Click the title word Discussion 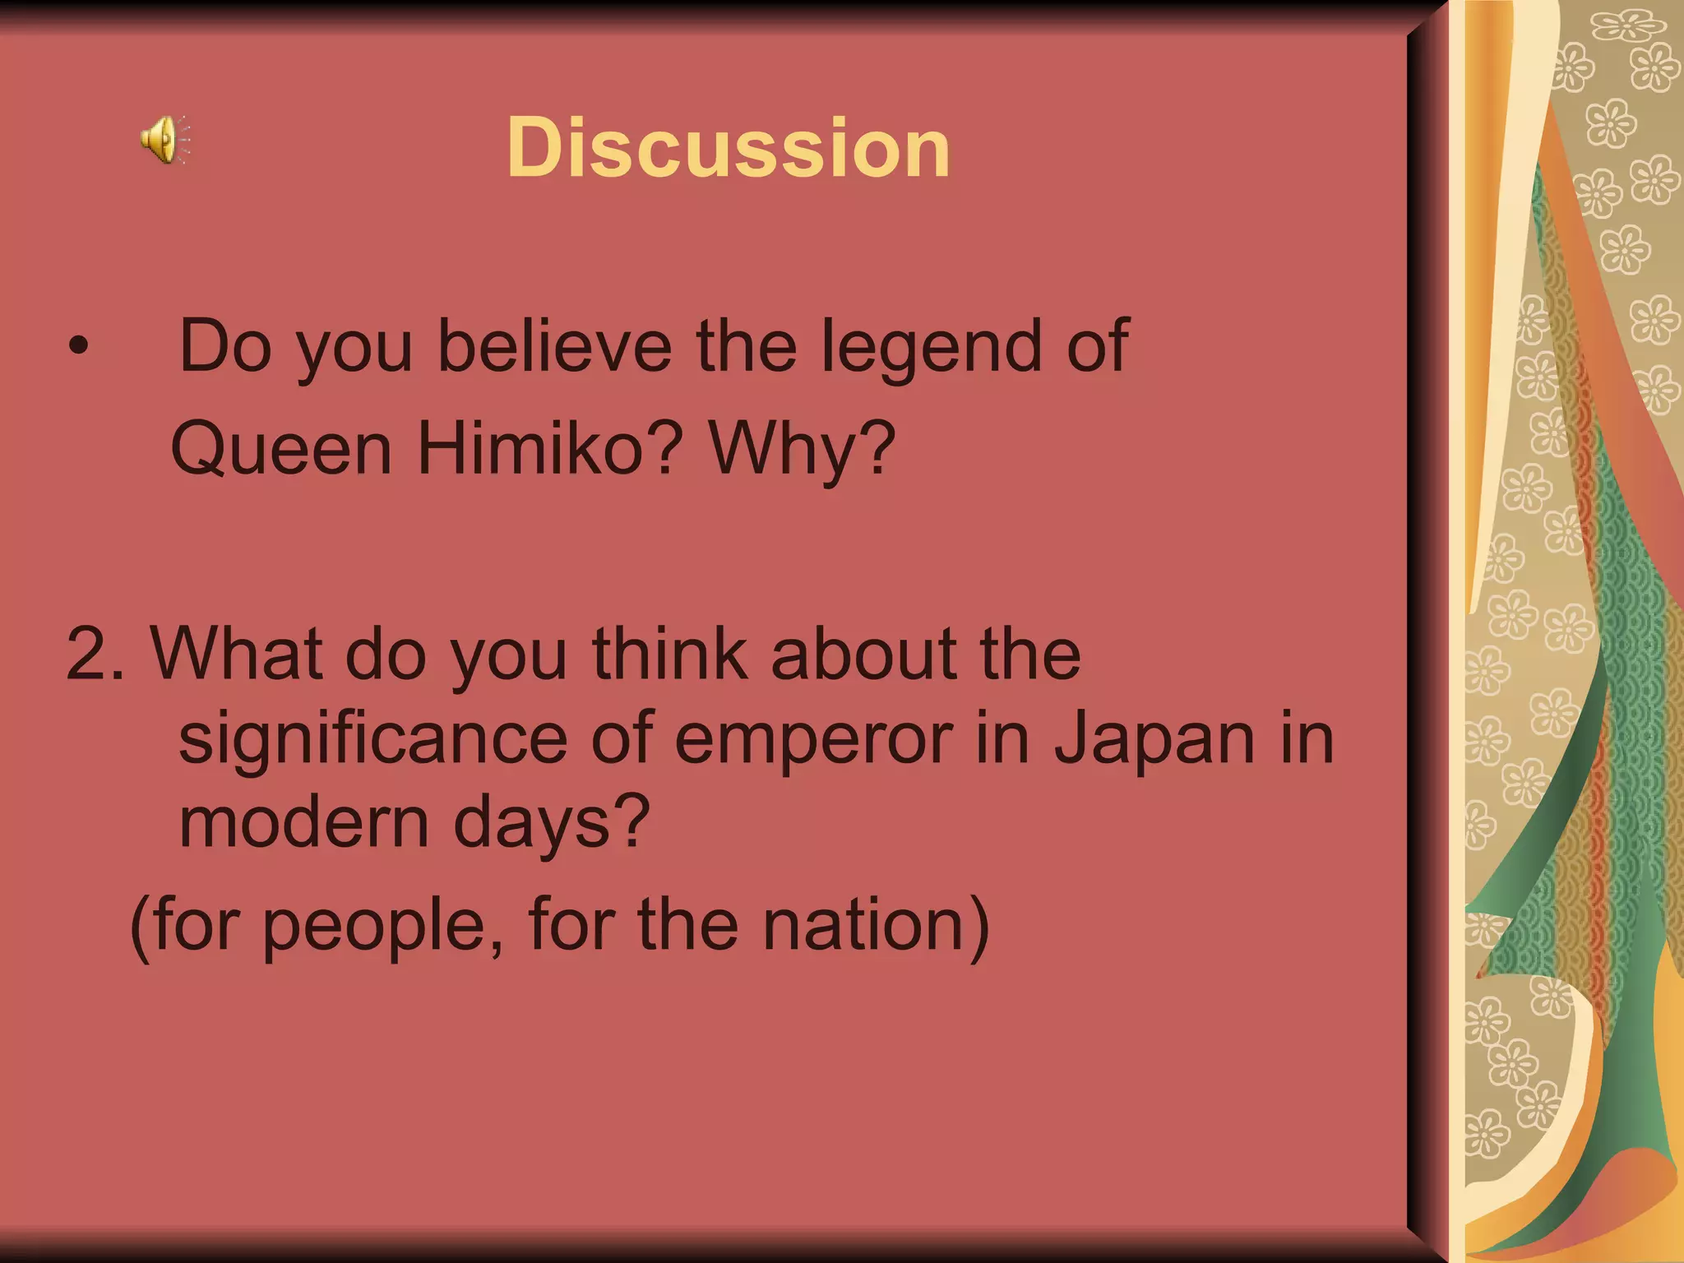coord(729,148)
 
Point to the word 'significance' coord(372,740)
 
